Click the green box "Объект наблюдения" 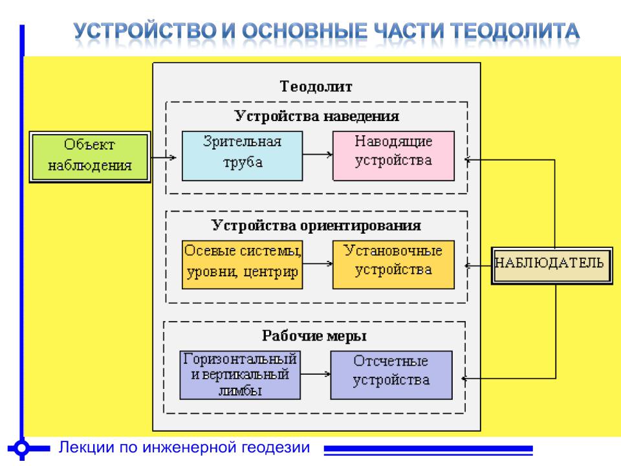[x=90, y=157]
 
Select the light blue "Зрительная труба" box [x=243, y=156]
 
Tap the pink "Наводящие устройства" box [x=394, y=156]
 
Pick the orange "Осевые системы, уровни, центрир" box [x=243, y=264]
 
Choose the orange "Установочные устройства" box [x=394, y=264]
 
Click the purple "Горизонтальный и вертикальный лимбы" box [x=240, y=375]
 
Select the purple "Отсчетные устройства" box [x=391, y=375]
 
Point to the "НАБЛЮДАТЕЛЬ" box [x=552, y=265]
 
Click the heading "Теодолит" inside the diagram [x=316, y=86]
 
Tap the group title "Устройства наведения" [x=317, y=116]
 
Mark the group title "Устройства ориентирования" [x=316, y=225]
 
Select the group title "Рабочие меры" [x=314, y=336]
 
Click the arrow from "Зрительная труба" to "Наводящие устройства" [x=318, y=154]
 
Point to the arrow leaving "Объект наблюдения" [x=164, y=157]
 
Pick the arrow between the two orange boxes [x=318, y=263]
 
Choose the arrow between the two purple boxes [x=315, y=373]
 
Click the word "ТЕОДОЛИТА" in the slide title [x=516, y=31]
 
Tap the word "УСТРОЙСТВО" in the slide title [x=146, y=31]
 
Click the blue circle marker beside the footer [x=22, y=448]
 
